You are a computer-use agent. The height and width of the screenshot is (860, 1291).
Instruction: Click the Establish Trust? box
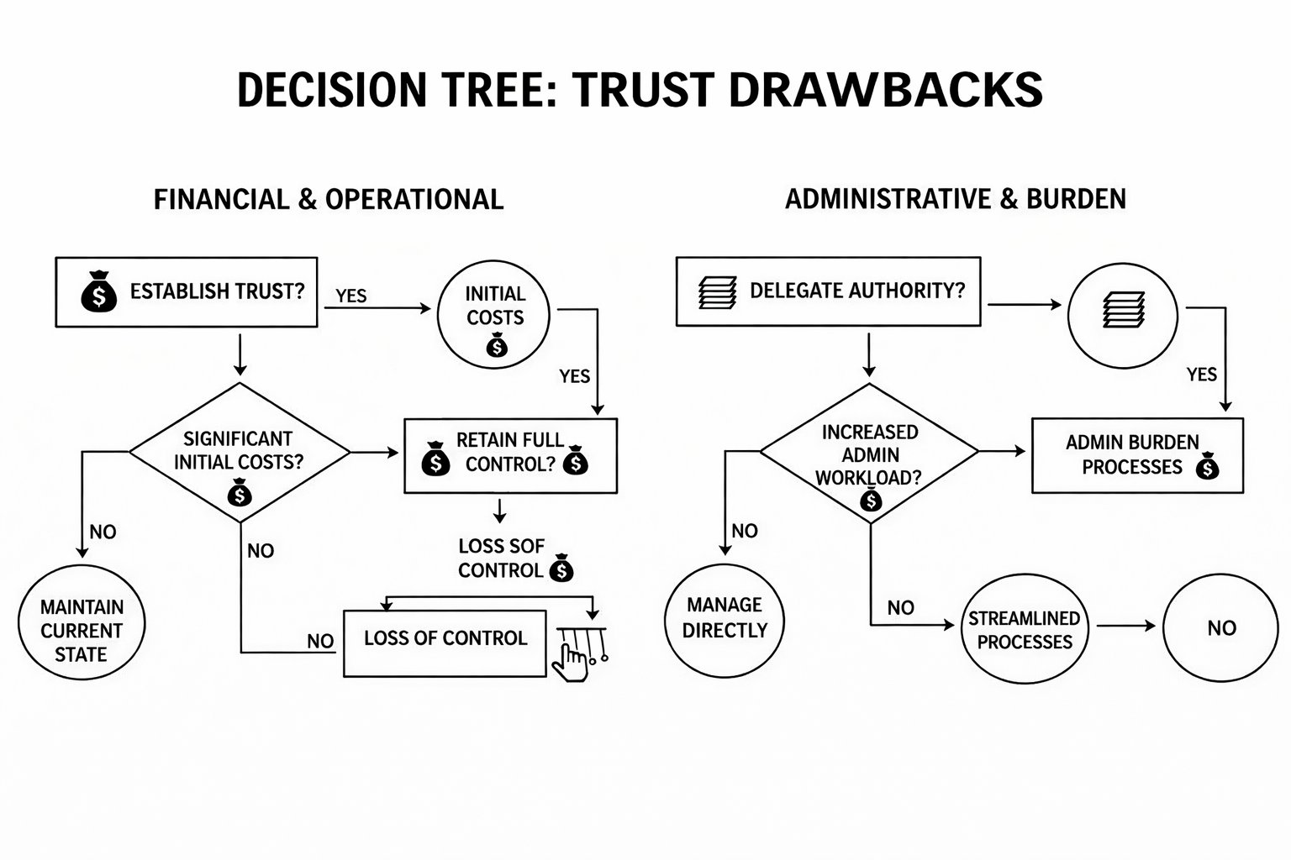click(186, 292)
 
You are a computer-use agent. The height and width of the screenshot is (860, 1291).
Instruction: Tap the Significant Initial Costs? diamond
click(240, 452)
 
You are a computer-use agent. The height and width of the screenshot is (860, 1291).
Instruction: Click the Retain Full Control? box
click(510, 454)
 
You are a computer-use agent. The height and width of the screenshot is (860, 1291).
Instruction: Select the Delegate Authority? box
click(828, 291)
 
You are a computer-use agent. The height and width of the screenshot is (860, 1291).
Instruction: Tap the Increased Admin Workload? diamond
click(869, 454)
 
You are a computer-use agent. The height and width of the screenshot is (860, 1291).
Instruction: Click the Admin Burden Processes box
click(1136, 454)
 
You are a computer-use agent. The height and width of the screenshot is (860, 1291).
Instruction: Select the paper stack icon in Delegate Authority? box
click(717, 291)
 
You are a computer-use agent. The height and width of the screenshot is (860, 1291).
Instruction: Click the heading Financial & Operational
click(329, 200)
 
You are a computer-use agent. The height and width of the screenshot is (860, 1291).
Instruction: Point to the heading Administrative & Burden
click(955, 199)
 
